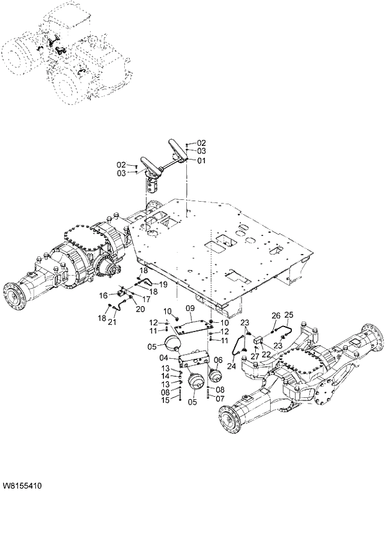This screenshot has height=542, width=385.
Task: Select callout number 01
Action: (201, 160)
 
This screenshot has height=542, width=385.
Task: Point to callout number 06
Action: (218, 359)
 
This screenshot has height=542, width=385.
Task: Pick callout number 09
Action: (189, 309)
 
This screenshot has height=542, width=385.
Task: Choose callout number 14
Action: (166, 376)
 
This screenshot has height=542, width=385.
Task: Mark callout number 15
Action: (166, 400)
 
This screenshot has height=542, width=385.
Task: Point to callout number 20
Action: (140, 309)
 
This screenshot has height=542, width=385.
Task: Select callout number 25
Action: (289, 315)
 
